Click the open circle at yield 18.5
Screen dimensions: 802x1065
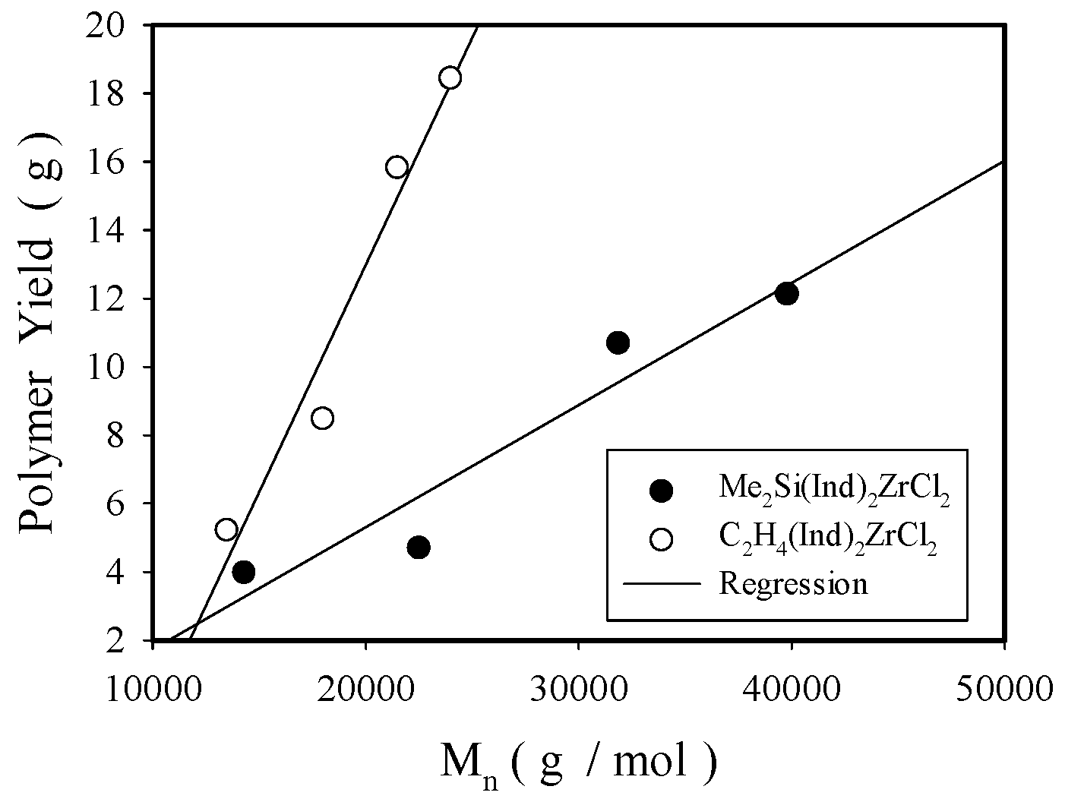click(450, 78)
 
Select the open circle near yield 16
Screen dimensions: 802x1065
click(397, 167)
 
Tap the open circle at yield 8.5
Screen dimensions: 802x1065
click(322, 418)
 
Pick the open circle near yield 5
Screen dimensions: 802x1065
click(226, 529)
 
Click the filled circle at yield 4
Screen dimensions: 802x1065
click(243, 572)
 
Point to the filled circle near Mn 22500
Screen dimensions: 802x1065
click(419, 547)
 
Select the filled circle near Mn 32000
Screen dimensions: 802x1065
click(618, 343)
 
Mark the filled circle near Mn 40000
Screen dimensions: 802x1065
click(787, 293)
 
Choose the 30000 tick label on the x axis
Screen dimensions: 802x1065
click(579, 689)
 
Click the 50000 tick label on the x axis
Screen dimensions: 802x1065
click(1004, 689)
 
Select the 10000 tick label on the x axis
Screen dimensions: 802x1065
click(153, 689)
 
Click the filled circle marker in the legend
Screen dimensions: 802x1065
click(662, 491)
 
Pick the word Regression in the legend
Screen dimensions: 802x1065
click(793, 584)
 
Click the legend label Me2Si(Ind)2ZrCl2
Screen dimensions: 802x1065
click(834, 491)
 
